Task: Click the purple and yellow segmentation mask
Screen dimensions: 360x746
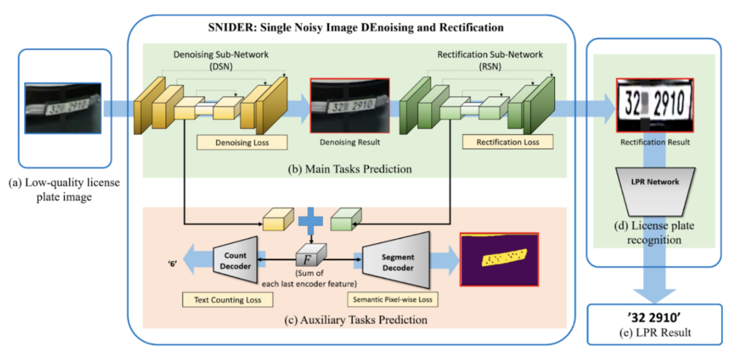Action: coord(499,259)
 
